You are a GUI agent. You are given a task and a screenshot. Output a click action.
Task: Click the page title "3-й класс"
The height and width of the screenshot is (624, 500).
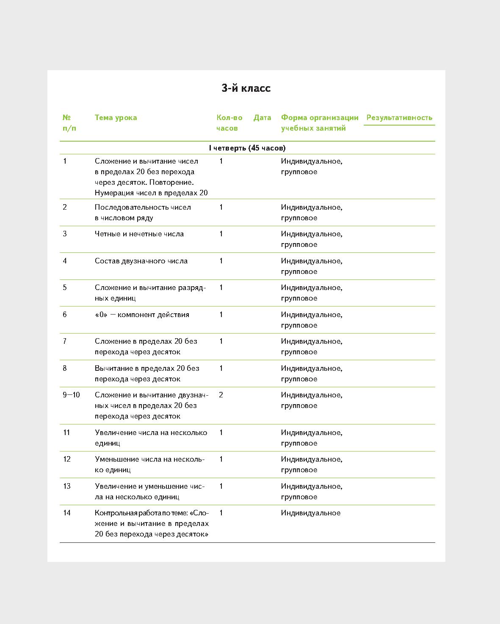(x=246, y=88)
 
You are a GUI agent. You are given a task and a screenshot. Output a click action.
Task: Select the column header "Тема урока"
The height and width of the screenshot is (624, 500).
(x=116, y=118)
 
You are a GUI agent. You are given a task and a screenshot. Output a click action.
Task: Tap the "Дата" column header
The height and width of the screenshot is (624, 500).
(x=262, y=118)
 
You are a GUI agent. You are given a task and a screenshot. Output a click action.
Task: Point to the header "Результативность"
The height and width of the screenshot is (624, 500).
(x=399, y=118)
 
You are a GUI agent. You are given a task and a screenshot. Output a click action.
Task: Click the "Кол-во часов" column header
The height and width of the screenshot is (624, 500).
(x=229, y=123)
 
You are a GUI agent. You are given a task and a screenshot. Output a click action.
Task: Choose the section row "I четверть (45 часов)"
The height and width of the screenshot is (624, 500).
(x=247, y=148)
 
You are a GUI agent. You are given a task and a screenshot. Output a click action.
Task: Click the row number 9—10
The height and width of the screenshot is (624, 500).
(x=71, y=395)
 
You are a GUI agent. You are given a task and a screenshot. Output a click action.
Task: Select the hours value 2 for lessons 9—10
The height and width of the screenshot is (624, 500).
(x=221, y=395)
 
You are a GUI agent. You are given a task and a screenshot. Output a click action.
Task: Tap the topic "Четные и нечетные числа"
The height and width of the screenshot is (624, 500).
(x=139, y=234)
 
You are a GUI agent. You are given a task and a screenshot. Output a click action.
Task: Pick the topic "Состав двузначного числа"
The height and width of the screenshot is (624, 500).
(x=141, y=261)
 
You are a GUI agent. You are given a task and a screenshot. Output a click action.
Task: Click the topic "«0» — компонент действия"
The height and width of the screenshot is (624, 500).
(x=142, y=315)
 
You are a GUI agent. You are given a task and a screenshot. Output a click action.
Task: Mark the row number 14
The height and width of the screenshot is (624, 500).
(x=67, y=513)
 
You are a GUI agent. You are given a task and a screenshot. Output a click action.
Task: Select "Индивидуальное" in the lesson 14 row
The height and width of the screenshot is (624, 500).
(x=310, y=513)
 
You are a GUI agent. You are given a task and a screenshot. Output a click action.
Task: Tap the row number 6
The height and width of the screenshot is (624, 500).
(x=65, y=315)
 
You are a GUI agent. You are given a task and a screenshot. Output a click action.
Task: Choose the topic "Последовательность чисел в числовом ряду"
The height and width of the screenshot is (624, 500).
(x=143, y=213)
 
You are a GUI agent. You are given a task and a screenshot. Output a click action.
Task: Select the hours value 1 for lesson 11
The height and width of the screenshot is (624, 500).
(x=221, y=432)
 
